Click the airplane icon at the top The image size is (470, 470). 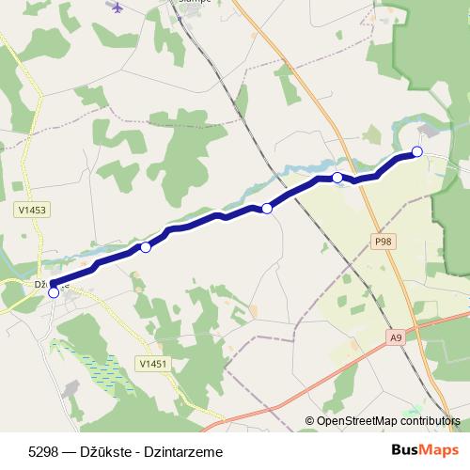(x=117, y=8)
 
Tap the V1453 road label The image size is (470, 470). (x=32, y=211)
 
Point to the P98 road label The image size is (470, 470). (x=382, y=243)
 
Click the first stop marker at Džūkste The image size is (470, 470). (x=54, y=292)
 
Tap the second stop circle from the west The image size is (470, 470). (x=146, y=247)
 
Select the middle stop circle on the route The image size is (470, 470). (x=267, y=208)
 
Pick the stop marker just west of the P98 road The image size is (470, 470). (x=337, y=177)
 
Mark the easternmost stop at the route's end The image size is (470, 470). (x=417, y=151)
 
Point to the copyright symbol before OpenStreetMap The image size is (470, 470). (x=309, y=421)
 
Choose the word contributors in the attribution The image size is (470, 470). (x=431, y=421)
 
